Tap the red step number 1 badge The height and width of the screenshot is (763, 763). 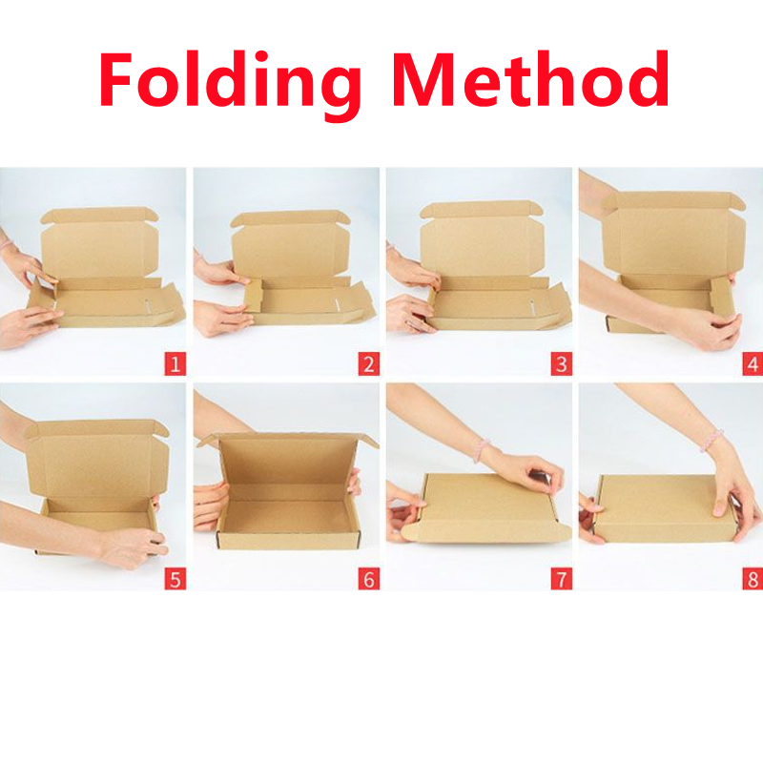[x=174, y=363]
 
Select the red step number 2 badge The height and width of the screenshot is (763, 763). [x=368, y=363]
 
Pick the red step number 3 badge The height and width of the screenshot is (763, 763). [x=561, y=363]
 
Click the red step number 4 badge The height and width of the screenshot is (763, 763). [x=753, y=363]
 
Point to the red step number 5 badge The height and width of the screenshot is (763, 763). [x=174, y=578]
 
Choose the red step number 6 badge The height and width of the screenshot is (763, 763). [x=368, y=578]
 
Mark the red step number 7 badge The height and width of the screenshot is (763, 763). [x=561, y=578]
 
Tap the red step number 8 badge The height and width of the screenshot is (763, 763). [x=753, y=578]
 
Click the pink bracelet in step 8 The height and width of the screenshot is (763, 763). [x=711, y=440]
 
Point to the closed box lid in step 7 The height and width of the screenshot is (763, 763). [x=486, y=505]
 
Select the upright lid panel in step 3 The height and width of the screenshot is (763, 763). [x=482, y=241]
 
